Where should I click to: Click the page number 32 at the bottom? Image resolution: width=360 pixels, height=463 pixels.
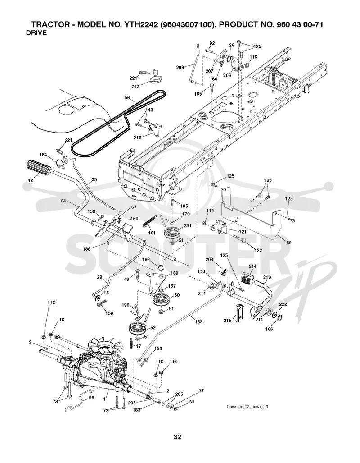point(177,437)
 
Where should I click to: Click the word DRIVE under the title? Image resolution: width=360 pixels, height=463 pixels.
point(36,33)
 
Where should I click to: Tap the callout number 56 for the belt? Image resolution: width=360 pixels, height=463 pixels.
point(127,98)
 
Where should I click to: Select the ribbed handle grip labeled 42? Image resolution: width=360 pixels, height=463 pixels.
point(39,168)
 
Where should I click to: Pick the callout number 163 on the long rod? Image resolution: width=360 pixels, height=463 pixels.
point(198,321)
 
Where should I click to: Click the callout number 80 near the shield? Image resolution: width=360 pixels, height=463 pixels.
point(288,243)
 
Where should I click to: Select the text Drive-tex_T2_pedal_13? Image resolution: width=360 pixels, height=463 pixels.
point(247,407)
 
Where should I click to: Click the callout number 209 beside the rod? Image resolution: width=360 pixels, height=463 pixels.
point(180,67)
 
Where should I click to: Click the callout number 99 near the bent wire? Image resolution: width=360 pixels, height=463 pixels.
point(92,398)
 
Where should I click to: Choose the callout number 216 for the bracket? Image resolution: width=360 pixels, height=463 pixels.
point(137,138)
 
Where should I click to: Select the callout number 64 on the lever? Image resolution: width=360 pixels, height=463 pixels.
point(63,201)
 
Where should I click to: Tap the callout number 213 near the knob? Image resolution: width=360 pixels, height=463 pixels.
point(135,87)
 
